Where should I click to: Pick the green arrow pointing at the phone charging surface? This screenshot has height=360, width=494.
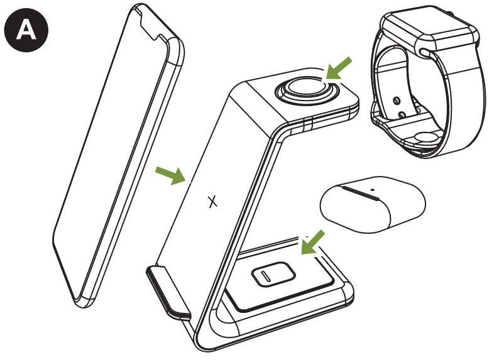[172, 175]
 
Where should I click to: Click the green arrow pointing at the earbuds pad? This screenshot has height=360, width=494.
[313, 243]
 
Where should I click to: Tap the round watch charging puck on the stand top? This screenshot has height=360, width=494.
[306, 90]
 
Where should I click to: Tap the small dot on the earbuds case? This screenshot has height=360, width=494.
[372, 187]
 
